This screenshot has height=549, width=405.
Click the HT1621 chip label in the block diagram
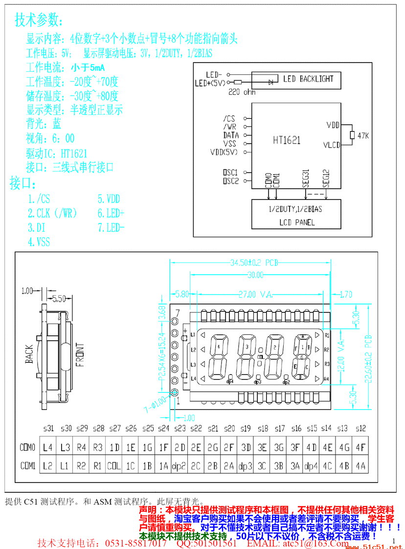(287, 140)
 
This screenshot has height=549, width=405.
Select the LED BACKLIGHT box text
(308, 79)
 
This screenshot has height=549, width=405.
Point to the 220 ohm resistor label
(242, 92)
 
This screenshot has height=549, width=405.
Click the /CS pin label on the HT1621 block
(229, 118)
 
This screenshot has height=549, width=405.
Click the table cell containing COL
(114, 466)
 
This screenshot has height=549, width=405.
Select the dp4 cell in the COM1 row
(311, 466)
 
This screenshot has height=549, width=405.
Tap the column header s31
(48, 428)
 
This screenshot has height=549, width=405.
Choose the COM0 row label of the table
(27, 447)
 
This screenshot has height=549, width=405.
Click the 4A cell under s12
(360, 466)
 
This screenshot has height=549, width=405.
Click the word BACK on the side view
(30, 354)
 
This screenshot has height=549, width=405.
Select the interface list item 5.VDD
(109, 199)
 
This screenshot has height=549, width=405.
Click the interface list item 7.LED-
(111, 228)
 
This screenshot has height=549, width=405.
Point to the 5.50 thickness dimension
(59, 298)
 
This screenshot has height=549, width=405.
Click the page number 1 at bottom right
(393, 540)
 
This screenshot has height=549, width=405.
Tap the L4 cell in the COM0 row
(47, 447)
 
